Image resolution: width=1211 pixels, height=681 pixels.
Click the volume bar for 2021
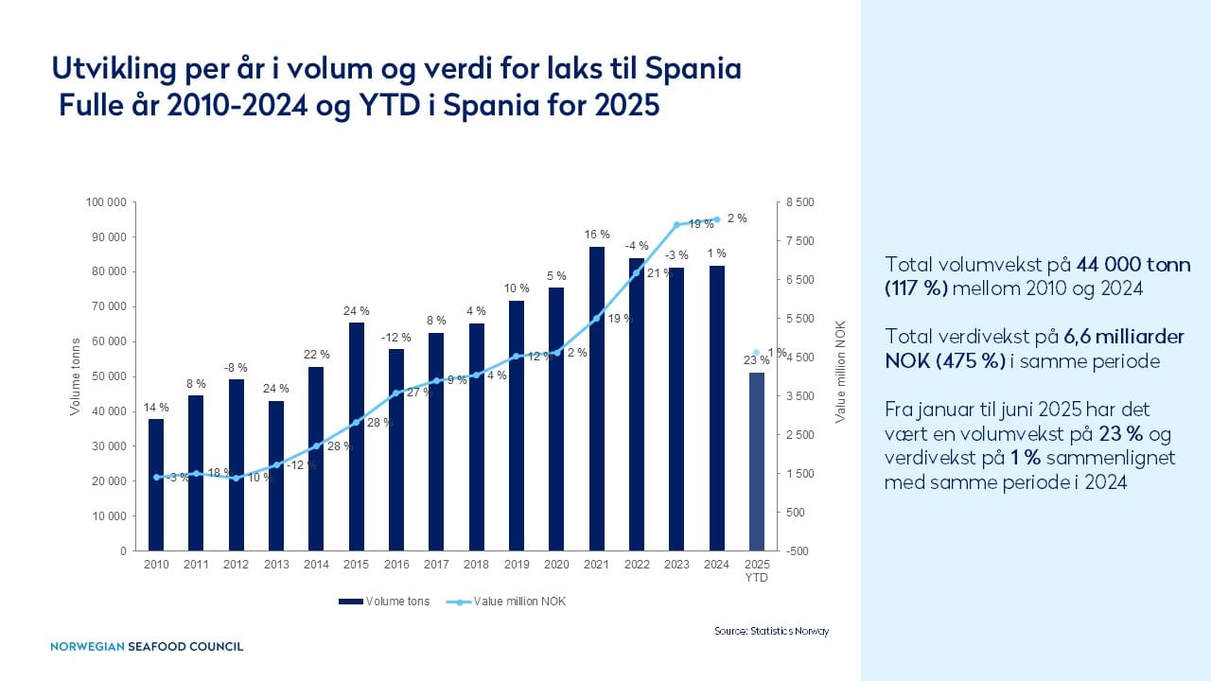597,399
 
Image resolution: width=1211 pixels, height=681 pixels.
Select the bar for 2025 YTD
756,462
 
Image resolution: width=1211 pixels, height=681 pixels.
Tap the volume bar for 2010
156,485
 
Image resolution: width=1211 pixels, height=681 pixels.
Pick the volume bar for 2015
357,437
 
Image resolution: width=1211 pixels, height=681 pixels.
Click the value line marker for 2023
676,224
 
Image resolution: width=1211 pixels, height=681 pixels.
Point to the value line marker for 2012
237,479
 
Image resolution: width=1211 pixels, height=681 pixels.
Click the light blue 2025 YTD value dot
756,353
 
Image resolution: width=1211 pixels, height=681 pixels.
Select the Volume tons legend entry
384,602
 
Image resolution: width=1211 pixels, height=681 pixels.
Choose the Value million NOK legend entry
506,602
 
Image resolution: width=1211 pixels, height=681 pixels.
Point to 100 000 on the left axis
105,202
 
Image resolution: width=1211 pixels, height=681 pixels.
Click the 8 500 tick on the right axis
799,202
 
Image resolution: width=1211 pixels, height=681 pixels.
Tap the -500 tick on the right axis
797,551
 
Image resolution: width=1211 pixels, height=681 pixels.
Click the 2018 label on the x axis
476,565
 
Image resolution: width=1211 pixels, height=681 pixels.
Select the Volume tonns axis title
75,376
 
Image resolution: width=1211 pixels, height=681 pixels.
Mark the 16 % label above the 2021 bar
597,234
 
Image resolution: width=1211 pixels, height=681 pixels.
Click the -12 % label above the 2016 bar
396,338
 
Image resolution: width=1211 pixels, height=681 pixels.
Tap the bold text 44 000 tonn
1133,264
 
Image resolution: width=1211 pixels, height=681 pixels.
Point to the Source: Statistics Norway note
771,631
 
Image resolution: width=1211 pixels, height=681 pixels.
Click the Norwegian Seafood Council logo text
147,646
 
